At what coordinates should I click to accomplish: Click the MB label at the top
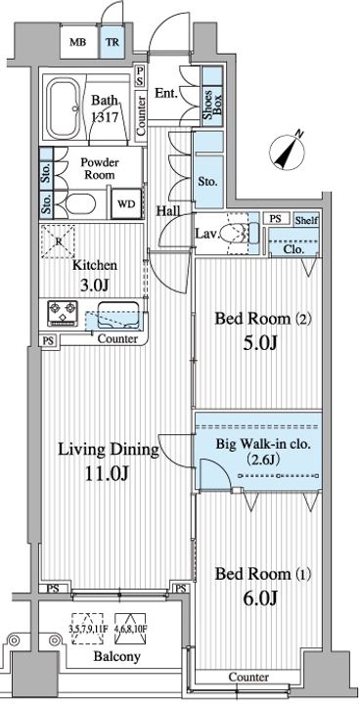click(x=77, y=42)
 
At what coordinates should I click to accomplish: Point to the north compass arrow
click(x=288, y=150)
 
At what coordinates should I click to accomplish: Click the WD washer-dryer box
click(x=126, y=203)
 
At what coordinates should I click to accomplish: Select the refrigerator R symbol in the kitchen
click(x=58, y=241)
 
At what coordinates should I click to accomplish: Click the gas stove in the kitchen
click(x=63, y=313)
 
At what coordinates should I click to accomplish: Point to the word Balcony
click(x=116, y=656)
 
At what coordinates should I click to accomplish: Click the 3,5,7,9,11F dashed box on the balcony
click(x=89, y=629)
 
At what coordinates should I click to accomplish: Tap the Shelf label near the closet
click(x=307, y=220)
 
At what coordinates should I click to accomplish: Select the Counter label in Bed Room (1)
click(x=248, y=677)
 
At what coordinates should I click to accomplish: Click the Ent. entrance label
click(x=166, y=94)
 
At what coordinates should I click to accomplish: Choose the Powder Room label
click(x=100, y=168)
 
